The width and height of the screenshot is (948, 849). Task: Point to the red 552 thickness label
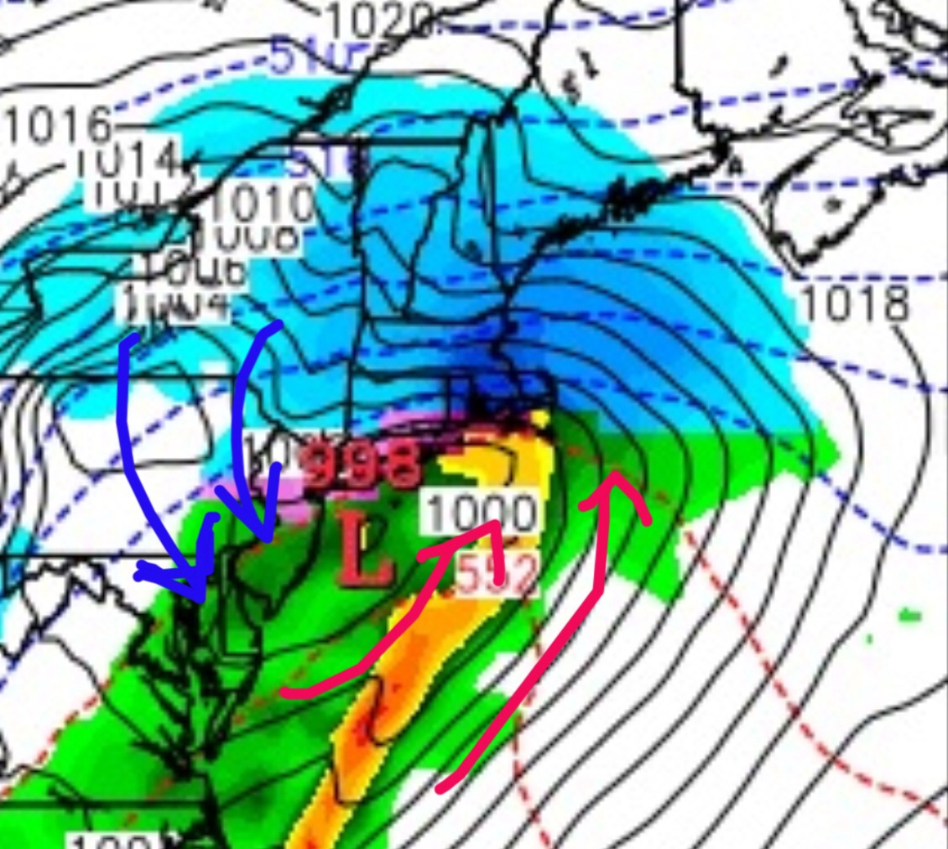[x=495, y=576]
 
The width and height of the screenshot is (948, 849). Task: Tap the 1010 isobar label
[x=262, y=204]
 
